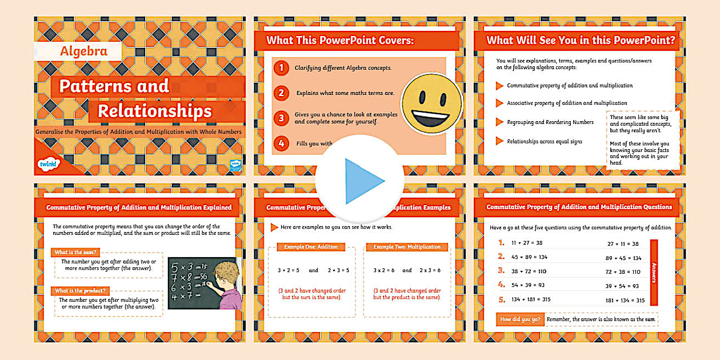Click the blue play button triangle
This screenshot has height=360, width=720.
click(363, 181)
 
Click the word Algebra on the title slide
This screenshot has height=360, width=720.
click(83, 51)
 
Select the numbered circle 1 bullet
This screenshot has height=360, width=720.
click(281, 68)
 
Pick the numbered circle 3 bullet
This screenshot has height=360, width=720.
click(281, 118)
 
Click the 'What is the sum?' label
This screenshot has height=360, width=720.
click(75, 252)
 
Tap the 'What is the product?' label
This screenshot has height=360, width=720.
click(81, 290)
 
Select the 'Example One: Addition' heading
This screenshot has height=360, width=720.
click(311, 247)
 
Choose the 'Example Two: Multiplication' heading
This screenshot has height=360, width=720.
click(407, 247)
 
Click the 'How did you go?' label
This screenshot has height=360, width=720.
click(519, 319)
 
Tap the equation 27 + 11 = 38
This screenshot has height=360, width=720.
click(622, 243)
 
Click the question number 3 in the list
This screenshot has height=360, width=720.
click(501, 271)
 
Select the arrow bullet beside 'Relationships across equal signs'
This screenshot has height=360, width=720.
click(499, 141)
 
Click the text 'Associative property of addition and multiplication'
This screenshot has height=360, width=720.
click(567, 103)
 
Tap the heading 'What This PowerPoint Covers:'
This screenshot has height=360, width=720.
click(340, 41)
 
